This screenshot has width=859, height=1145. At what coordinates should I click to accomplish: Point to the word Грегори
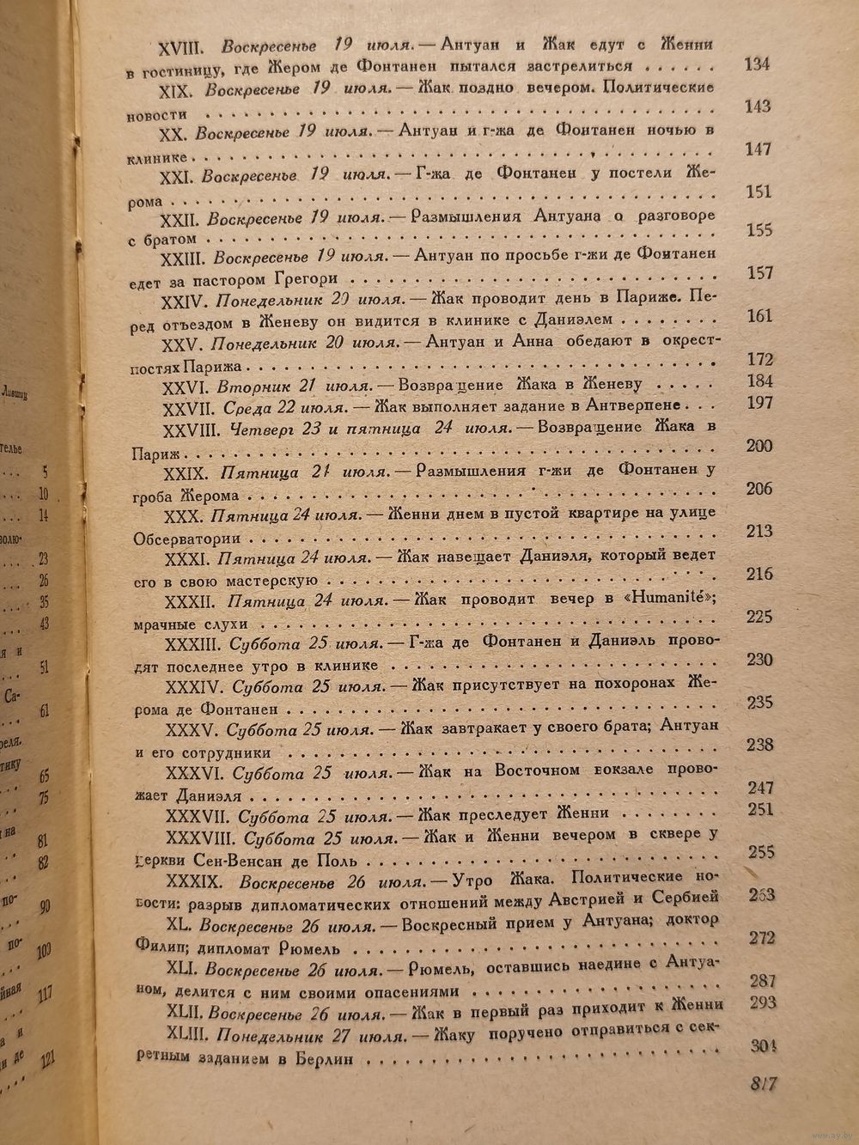(314, 279)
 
